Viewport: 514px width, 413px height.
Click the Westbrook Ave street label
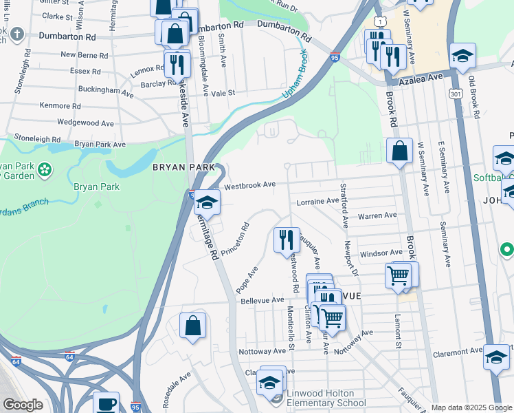tap(249, 185)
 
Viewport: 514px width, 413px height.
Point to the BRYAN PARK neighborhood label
tap(188, 168)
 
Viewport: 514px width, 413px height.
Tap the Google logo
tap(23, 405)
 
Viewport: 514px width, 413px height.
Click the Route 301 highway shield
tap(456, 94)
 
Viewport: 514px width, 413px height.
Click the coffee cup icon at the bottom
tap(106, 403)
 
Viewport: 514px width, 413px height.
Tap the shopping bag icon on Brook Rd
tap(399, 150)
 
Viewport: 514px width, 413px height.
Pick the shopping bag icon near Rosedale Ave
tap(193, 325)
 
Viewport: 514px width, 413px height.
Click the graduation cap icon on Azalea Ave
tap(463, 56)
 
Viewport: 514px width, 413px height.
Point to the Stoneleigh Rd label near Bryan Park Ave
tap(38, 137)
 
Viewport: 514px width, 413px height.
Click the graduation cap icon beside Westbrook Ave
tap(206, 202)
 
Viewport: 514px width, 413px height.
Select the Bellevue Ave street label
tap(262, 300)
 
